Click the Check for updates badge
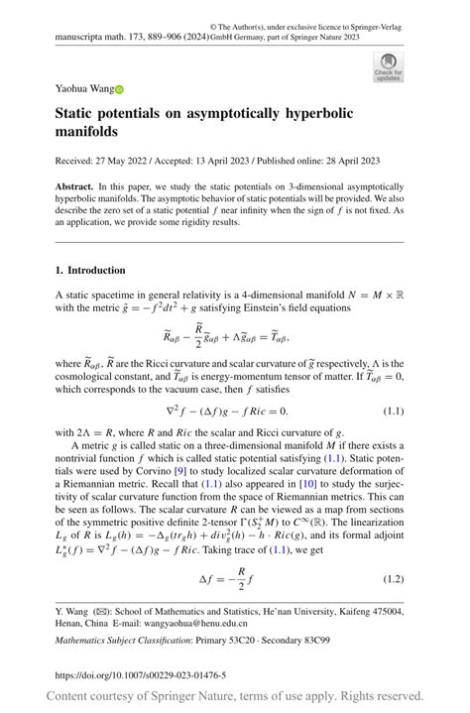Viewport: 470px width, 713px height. tap(388, 66)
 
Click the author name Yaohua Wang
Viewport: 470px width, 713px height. tap(83, 89)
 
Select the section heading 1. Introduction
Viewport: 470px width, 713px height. tap(90, 270)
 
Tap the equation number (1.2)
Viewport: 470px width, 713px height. tap(399, 577)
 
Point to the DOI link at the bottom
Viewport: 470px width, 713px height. tap(141, 675)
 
